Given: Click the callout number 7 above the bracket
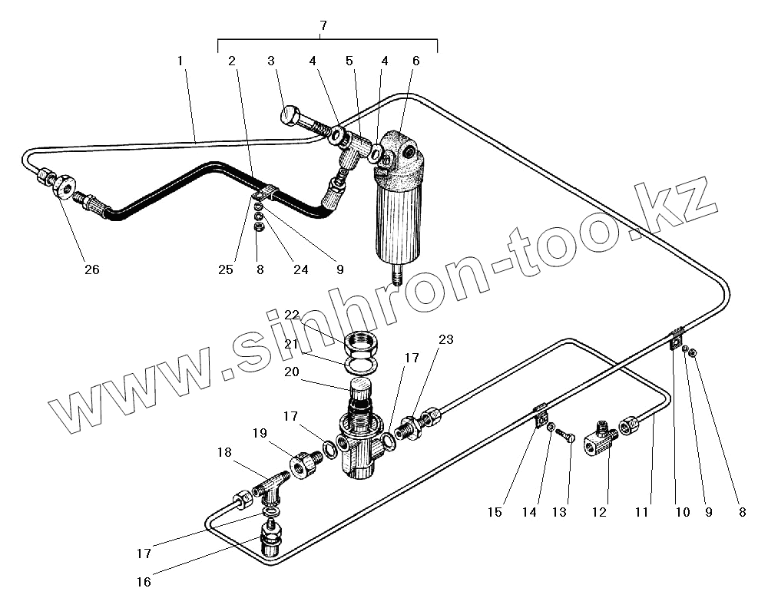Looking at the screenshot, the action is point(323,25).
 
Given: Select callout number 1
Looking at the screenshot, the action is point(180,60).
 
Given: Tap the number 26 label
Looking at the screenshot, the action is point(92,269).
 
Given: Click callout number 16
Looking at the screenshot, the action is point(144,581).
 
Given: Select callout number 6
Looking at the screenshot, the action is point(415,60).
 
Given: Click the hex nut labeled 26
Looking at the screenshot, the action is point(63,187).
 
